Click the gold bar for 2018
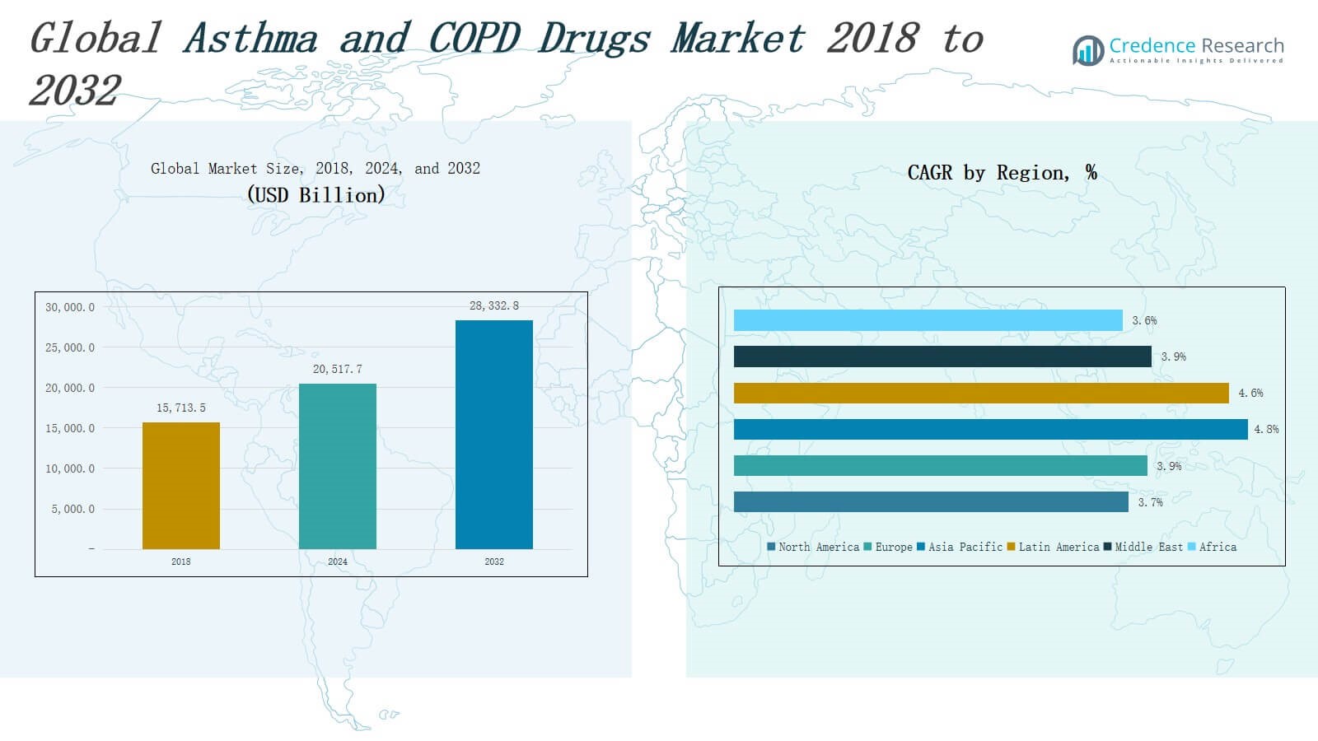[181, 486]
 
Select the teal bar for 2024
[338, 466]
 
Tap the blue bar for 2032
[494, 435]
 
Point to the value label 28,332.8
[494, 305]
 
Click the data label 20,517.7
[338, 369]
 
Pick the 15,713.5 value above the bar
[181, 408]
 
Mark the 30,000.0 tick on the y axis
[70, 307]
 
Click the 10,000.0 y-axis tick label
[70, 468]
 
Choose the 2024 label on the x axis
[338, 562]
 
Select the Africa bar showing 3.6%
[928, 320]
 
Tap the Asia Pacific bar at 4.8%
[990, 429]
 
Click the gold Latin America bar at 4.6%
[981, 393]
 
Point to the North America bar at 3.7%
[931, 501]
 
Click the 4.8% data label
[1266, 429]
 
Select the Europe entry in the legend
[889, 547]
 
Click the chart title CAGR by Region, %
[1002, 172]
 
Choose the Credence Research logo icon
[1088, 50]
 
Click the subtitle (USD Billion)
[315, 195]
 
